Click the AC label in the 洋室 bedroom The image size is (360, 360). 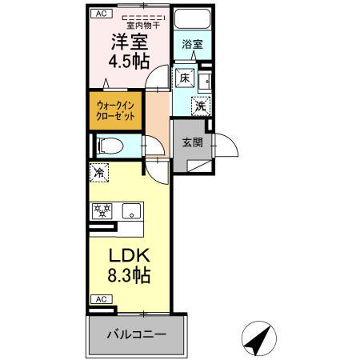(x=100, y=14)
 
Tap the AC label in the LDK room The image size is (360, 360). (x=100, y=299)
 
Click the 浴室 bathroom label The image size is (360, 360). (x=193, y=44)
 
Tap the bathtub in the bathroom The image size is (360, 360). (x=193, y=21)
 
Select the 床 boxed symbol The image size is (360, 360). (x=183, y=78)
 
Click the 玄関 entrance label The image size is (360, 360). (x=192, y=143)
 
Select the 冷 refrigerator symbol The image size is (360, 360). (x=99, y=172)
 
